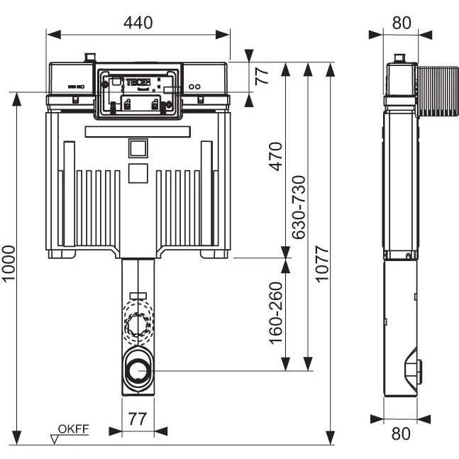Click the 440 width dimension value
pyautogui.click(x=138, y=21)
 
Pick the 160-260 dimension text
pyautogui.click(x=275, y=313)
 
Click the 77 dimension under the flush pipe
pyautogui.click(x=139, y=419)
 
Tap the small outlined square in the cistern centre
pyautogui.click(x=138, y=147)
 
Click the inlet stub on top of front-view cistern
pyautogui.click(x=89, y=57)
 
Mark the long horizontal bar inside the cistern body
pyautogui.click(x=138, y=131)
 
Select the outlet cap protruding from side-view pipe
pyautogui.click(x=419, y=370)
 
